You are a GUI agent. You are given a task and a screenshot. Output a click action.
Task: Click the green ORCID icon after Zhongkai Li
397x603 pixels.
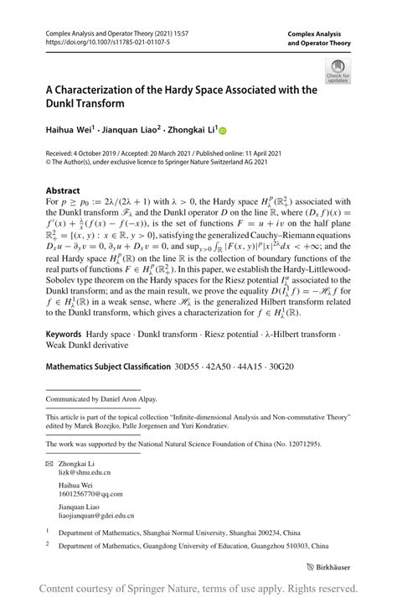223,131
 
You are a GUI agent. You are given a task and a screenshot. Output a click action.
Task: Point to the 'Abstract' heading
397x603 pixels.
63,190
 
